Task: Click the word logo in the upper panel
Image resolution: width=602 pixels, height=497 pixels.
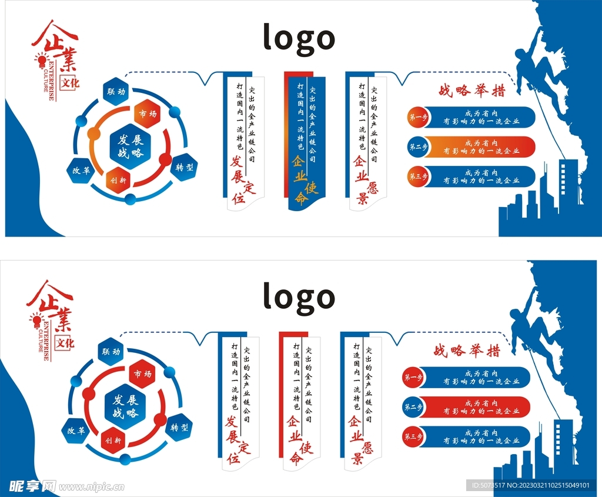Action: tap(299, 38)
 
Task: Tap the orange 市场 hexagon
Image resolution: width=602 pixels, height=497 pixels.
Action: tap(147, 114)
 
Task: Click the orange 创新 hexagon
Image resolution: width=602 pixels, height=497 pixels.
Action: tap(115, 181)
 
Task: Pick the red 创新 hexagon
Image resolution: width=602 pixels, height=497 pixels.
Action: tap(113, 440)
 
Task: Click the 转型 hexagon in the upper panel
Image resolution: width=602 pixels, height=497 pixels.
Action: tap(183, 168)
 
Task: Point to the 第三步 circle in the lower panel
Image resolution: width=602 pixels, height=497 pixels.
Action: tap(411, 437)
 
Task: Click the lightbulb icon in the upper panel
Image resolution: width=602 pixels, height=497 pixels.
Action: tap(41, 59)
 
